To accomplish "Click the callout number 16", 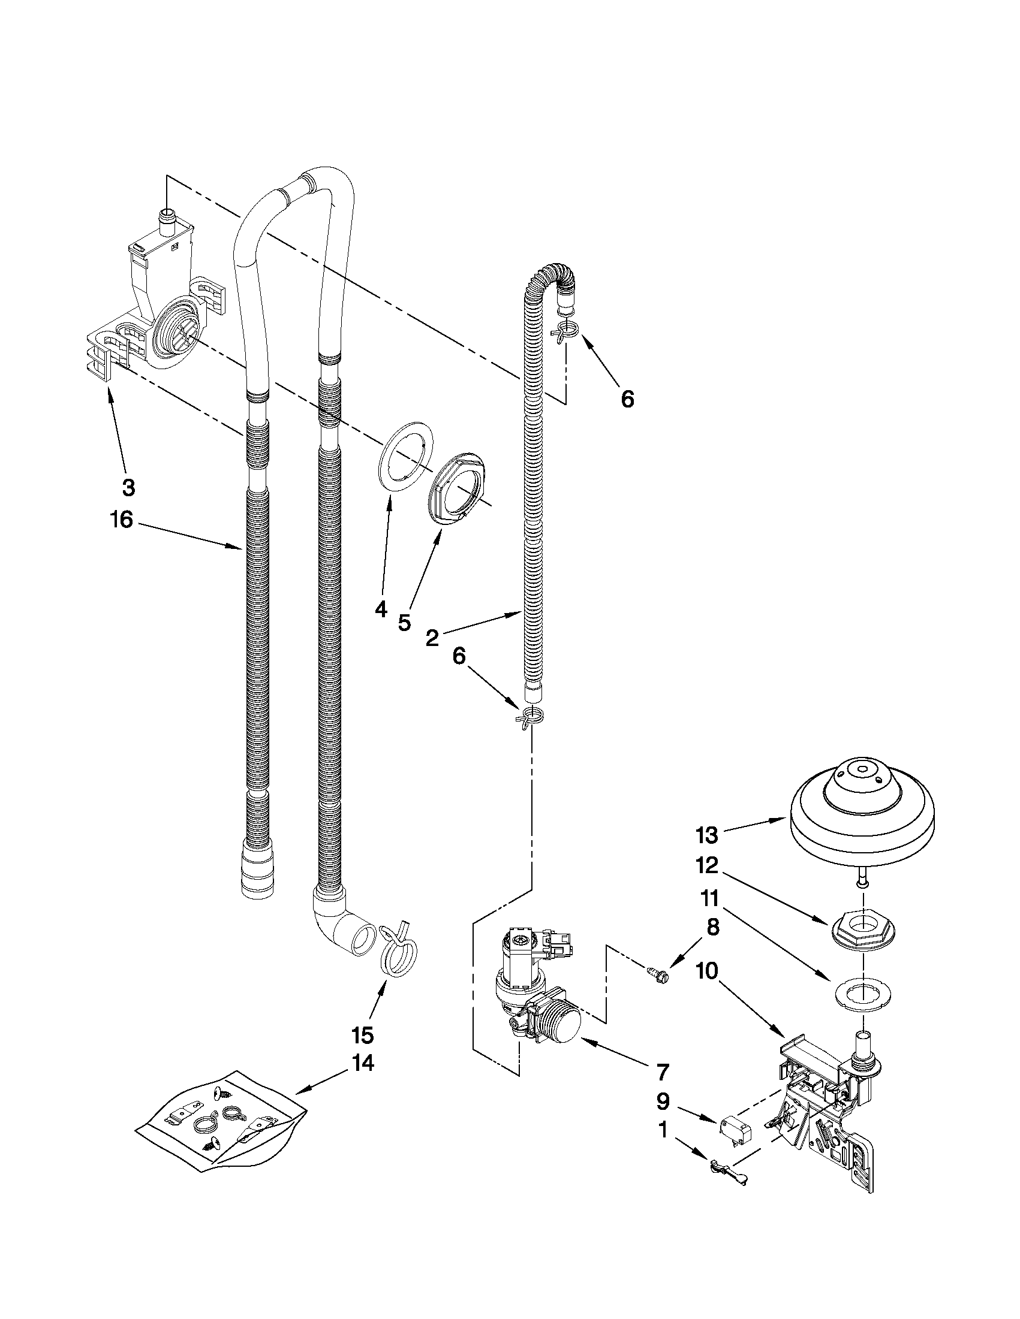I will [122, 519].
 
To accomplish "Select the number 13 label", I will [706, 836].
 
